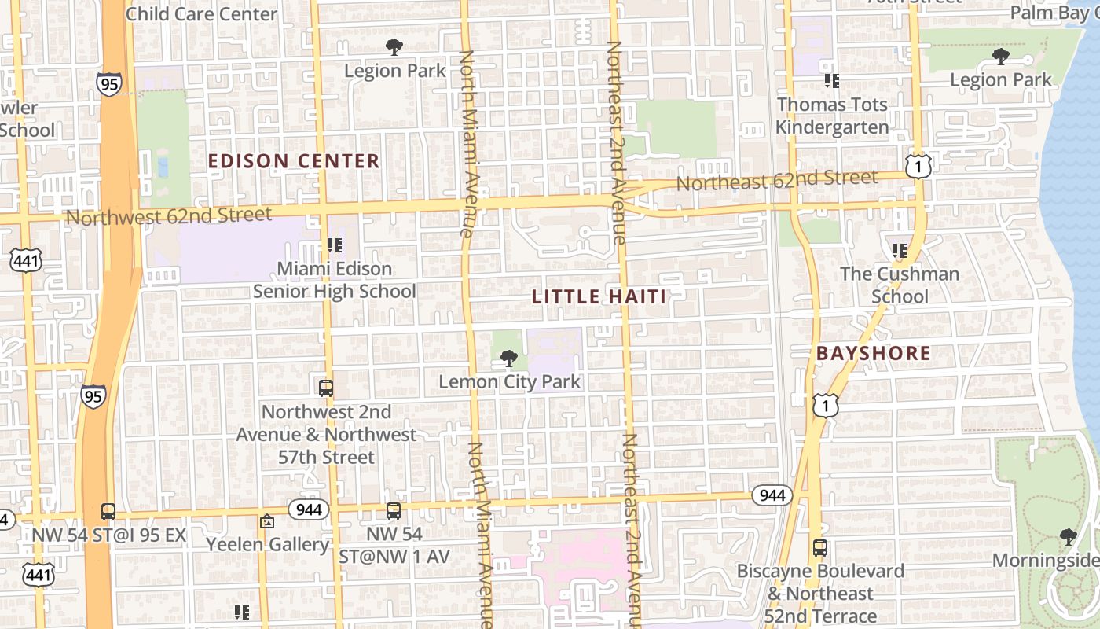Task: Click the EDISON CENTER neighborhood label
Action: [x=294, y=161]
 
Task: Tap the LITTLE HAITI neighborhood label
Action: [x=599, y=296]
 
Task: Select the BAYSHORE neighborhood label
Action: [x=873, y=353]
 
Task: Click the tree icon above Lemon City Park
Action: [x=509, y=359]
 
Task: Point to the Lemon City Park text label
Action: [x=509, y=382]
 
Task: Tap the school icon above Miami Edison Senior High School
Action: [x=334, y=245]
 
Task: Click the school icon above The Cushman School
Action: [x=900, y=251]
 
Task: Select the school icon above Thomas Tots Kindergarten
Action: [x=832, y=80]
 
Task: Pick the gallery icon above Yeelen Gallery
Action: [x=267, y=521]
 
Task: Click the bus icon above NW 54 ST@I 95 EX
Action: [x=108, y=512]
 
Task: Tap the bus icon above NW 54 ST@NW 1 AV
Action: [x=394, y=511]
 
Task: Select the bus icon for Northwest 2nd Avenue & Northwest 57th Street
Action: [x=325, y=388]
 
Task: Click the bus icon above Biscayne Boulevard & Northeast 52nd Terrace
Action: [x=819, y=548]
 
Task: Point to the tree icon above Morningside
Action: [x=1067, y=537]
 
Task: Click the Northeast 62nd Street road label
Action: [x=776, y=180]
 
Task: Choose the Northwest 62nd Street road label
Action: [x=169, y=215]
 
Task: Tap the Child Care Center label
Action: [x=201, y=14]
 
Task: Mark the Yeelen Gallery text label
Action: [x=267, y=544]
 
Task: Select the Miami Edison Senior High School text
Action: [x=334, y=280]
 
